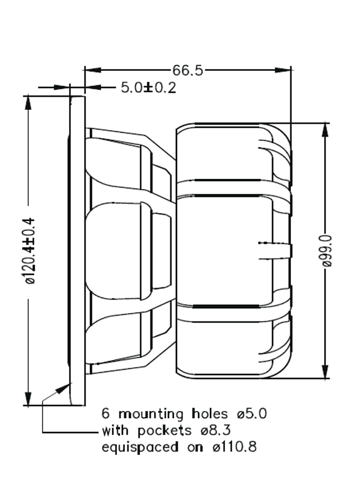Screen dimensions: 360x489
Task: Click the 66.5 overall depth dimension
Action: tap(188, 70)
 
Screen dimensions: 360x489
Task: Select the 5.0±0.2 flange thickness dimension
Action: tap(148, 88)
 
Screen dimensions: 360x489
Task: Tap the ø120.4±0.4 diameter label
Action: tap(30, 251)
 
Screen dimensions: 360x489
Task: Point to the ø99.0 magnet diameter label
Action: tap(327, 251)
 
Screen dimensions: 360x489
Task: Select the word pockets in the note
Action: tap(164, 431)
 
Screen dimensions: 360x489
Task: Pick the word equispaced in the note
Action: tap(140, 447)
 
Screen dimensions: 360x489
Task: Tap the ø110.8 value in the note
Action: tap(234, 447)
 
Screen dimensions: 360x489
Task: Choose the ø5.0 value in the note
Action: tap(252, 414)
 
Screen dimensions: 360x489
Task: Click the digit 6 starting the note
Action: tap(106, 414)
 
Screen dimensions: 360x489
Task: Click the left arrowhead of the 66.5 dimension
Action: tap(93, 70)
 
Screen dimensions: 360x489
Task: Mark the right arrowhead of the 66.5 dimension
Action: tap(283, 70)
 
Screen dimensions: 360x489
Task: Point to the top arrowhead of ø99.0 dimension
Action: tap(325, 131)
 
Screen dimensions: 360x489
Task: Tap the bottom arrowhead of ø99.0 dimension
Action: tap(325, 370)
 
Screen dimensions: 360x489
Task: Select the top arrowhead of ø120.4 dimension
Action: tap(28, 104)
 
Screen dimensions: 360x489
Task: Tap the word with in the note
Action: tap(115, 431)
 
